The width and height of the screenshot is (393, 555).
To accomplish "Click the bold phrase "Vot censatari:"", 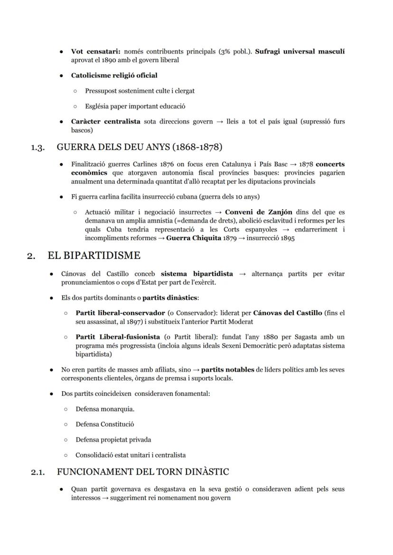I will click(x=95, y=51).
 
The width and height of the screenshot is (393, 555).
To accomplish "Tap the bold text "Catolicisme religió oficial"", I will click(x=114, y=75).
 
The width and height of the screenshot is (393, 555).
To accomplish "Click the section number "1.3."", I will click(x=38, y=147).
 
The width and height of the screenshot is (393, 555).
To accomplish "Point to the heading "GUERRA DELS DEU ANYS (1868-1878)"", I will click(x=140, y=147).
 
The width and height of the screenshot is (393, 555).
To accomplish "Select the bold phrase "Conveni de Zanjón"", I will click(x=258, y=212).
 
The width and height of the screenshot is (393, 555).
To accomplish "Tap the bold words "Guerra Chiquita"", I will click(x=193, y=238).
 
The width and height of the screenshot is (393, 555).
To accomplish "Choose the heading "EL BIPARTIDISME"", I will click(x=94, y=256).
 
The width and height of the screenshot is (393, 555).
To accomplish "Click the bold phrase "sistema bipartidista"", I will click(x=196, y=274).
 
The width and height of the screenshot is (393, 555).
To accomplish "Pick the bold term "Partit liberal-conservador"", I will click(x=120, y=313).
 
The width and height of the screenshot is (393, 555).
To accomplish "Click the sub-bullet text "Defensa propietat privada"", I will click(x=113, y=440).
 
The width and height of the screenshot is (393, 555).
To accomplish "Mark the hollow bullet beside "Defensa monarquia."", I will click(x=65, y=409).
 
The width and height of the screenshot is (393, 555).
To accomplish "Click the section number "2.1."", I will click(x=38, y=472).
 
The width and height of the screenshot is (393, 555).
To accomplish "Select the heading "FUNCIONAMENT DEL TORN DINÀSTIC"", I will click(x=142, y=472).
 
